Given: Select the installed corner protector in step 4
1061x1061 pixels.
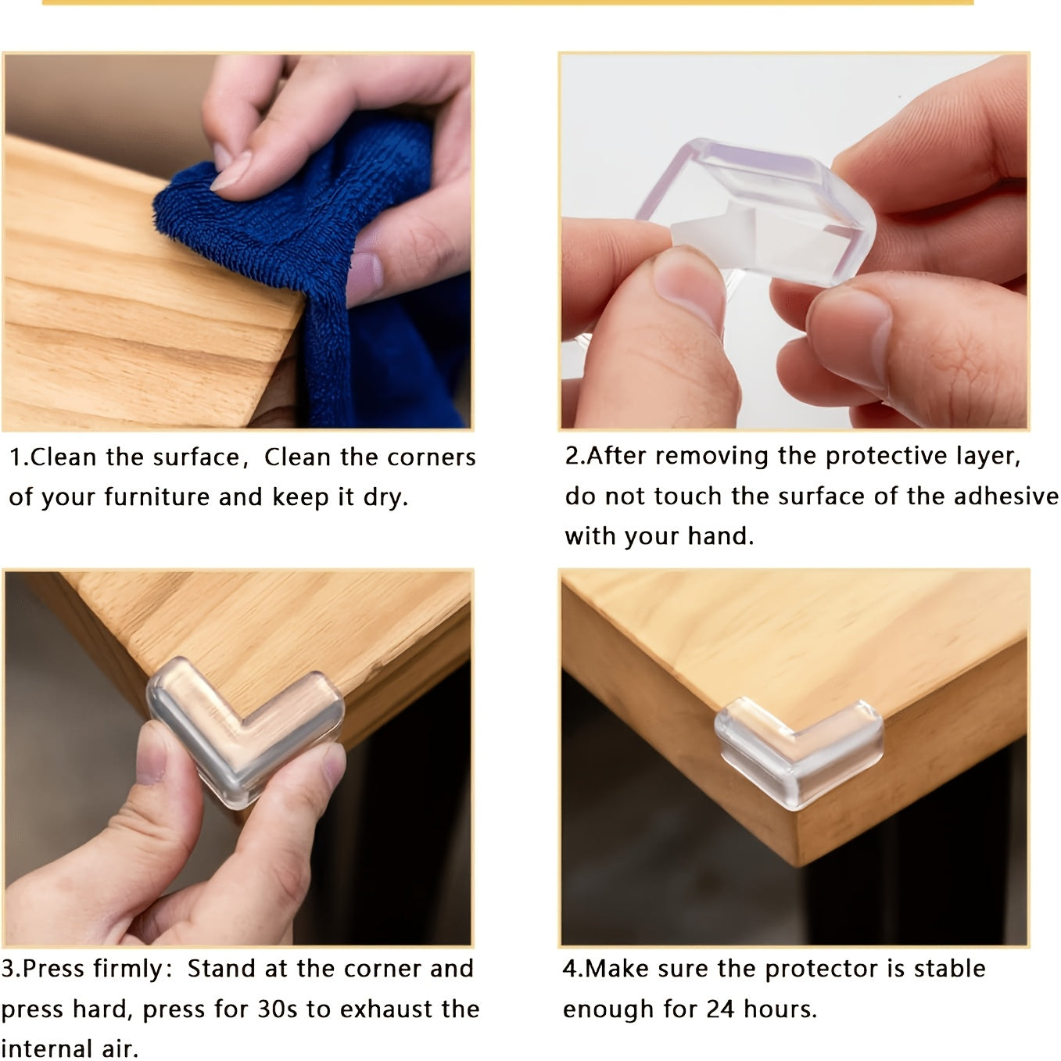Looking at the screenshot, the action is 798,751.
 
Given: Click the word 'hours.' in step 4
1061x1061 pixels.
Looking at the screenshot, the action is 780,1009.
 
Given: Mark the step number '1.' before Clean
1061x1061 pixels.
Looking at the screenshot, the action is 19,457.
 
